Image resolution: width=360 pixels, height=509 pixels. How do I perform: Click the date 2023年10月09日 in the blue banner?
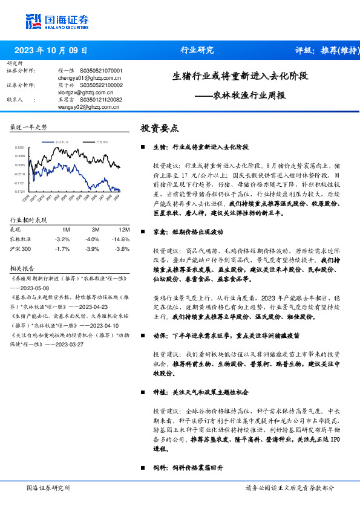coord(51,51)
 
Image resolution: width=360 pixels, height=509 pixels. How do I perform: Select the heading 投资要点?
coord(160,128)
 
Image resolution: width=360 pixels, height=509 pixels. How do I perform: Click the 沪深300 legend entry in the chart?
coord(102,141)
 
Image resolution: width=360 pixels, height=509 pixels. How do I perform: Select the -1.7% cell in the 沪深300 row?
coord(62,248)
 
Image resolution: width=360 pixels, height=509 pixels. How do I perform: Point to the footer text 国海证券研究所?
coord(48,487)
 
